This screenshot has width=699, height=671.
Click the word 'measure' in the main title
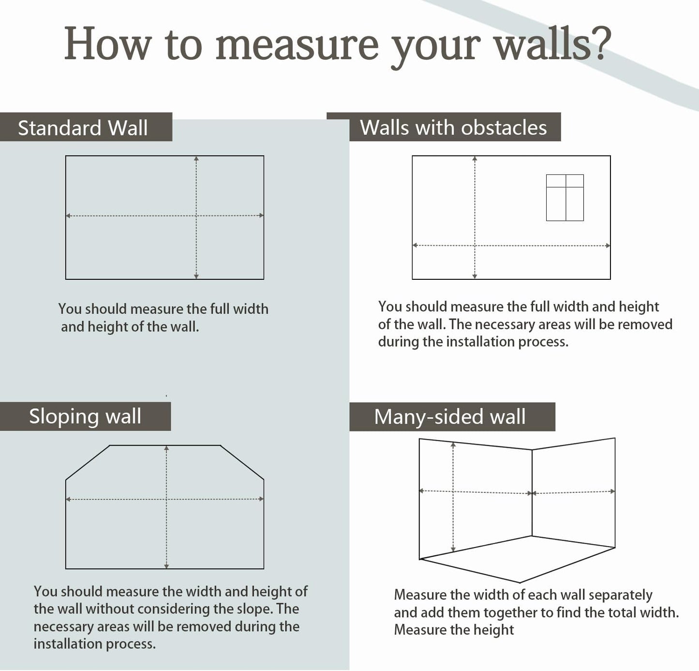(x=297, y=45)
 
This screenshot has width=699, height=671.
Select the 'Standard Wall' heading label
(x=83, y=128)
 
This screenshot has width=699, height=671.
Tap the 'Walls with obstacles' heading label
(x=453, y=128)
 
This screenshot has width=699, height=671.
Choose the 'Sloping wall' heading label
(x=85, y=416)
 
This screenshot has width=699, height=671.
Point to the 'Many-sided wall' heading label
(x=449, y=417)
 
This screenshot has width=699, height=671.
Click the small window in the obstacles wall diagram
(x=565, y=198)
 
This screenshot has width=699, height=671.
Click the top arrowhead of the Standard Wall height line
(x=196, y=159)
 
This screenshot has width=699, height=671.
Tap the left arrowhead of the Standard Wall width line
(x=68, y=215)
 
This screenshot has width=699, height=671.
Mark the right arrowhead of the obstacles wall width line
(x=608, y=245)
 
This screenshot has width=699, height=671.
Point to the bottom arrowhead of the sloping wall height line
(x=166, y=566)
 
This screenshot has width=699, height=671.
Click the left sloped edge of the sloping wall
(x=88, y=462)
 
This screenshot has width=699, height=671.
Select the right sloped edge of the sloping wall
(x=242, y=462)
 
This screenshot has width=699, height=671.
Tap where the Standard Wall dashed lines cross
(x=196, y=215)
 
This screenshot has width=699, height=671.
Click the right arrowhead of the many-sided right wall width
(x=612, y=491)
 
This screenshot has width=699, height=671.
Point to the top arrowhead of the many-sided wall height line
(x=453, y=445)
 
